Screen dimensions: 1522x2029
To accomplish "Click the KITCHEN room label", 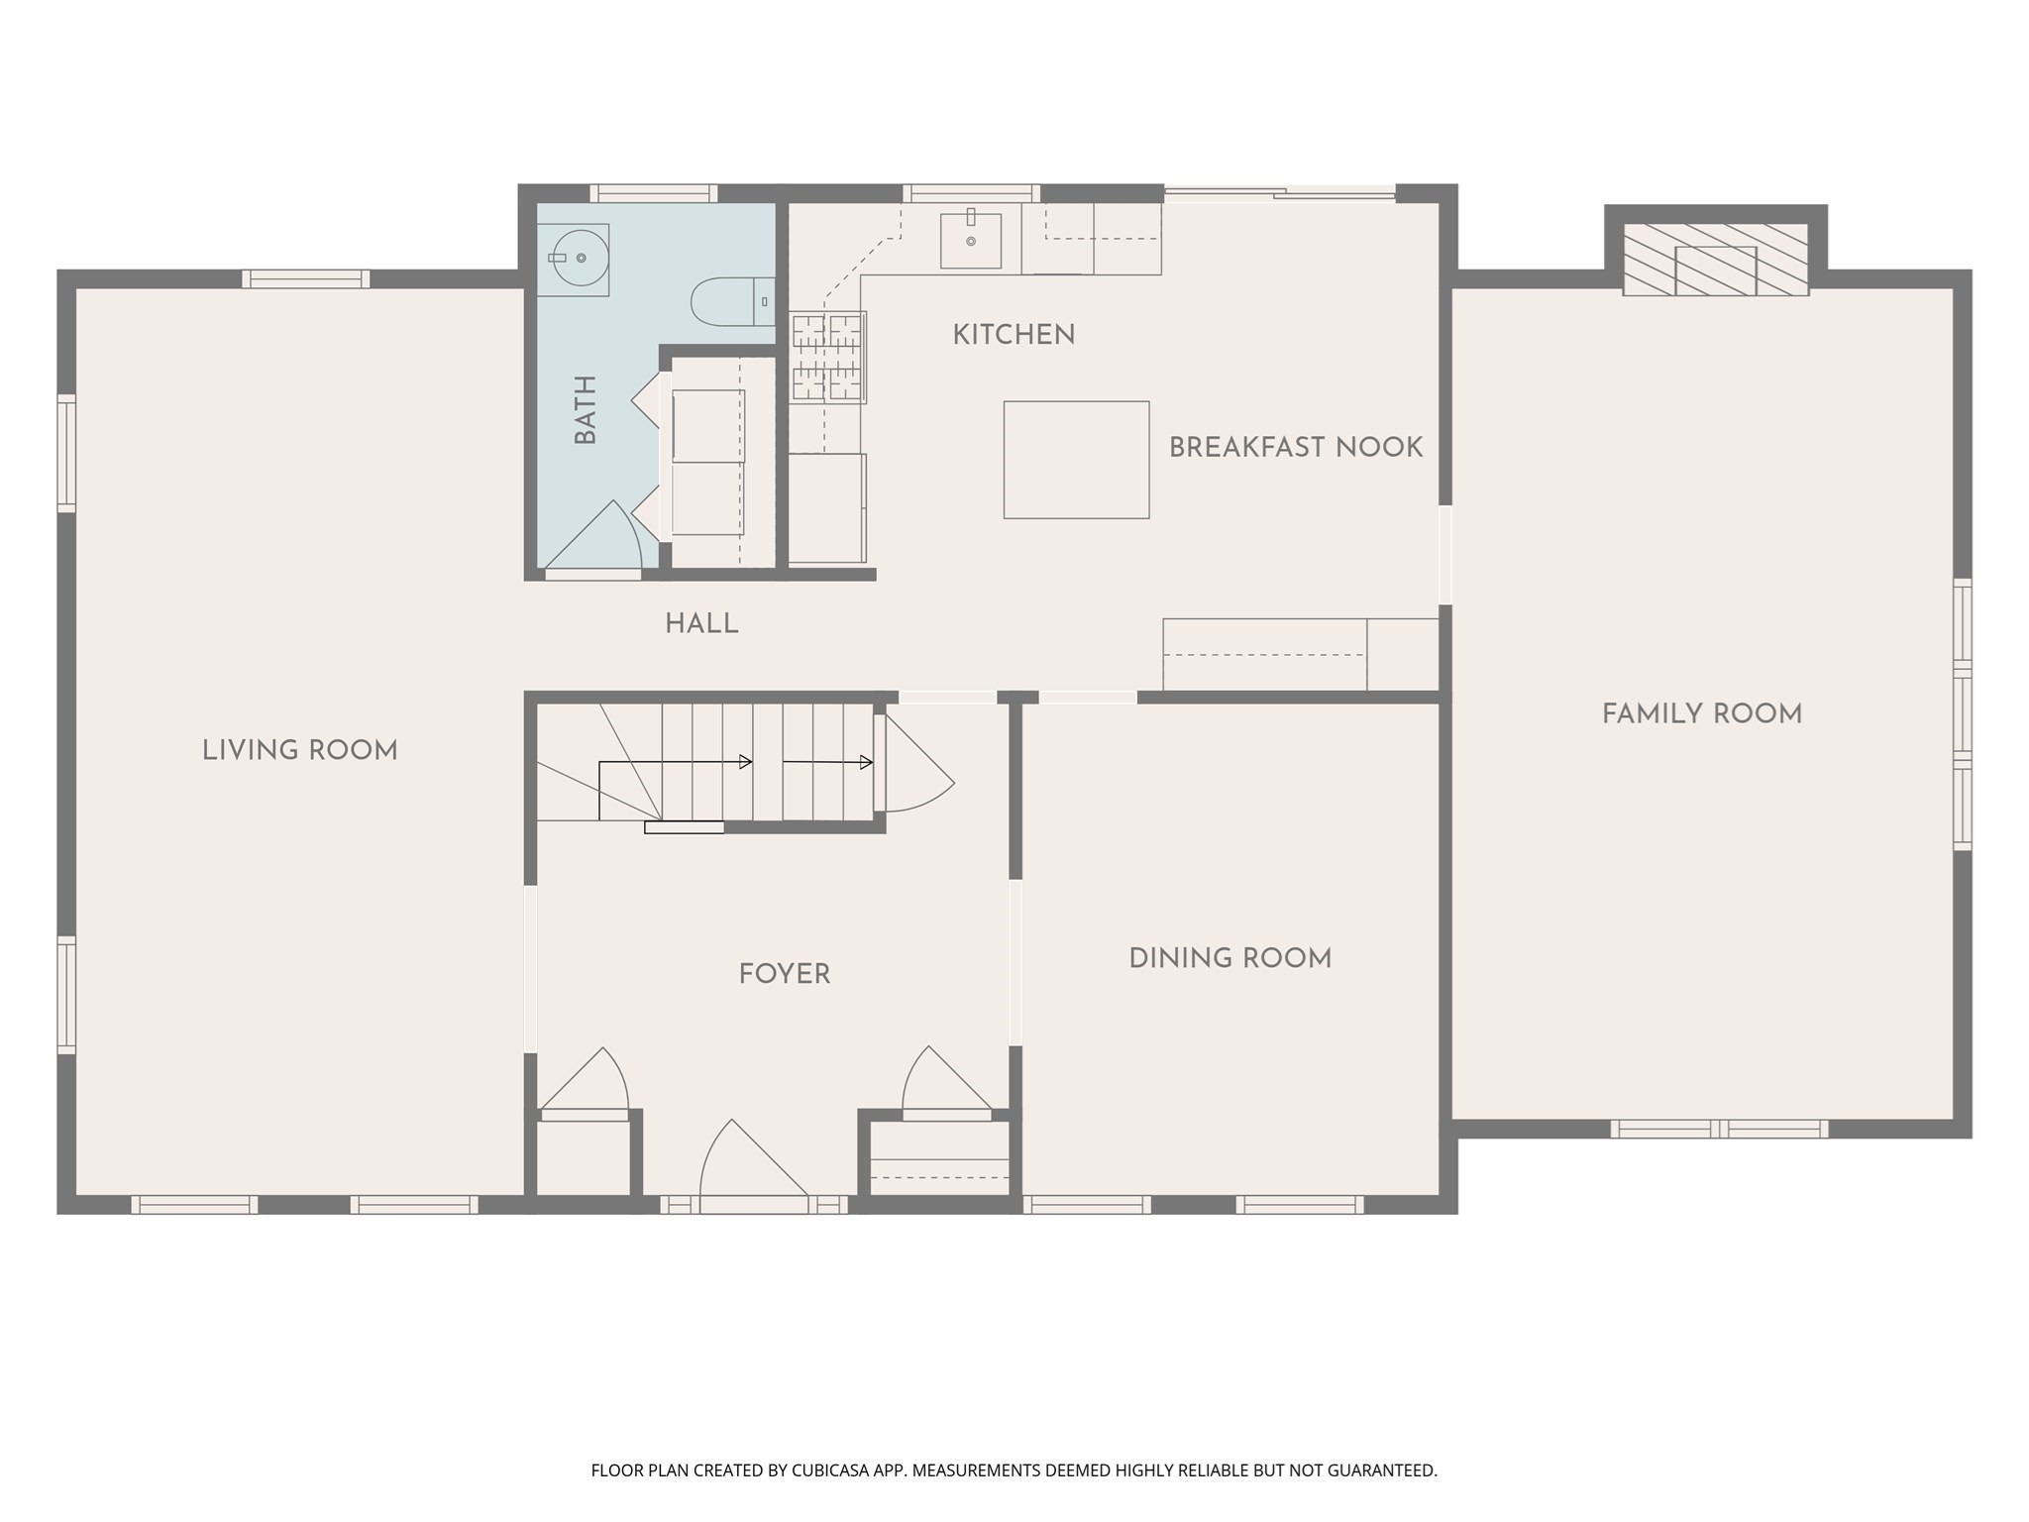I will click(1014, 335).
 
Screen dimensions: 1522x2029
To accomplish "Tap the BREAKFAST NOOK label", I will click(1295, 448).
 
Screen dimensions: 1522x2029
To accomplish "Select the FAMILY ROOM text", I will click(1701, 714).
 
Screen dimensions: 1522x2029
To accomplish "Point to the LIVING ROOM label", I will click(299, 751).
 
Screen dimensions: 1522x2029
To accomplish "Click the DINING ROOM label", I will click(1229, 958).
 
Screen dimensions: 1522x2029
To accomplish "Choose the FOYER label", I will click(784, 974).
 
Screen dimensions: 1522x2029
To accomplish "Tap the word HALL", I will click(701, 624).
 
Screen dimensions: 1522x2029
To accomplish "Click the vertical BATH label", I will click(586, 409).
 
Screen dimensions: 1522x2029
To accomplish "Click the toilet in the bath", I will click(728, 302).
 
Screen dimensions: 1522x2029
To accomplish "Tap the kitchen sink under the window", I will click(970, 241).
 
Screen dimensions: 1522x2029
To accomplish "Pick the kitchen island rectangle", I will click(1076, 460).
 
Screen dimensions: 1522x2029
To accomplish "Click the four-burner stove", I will click(827, 357).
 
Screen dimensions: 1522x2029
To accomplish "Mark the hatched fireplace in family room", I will click(1715, 260).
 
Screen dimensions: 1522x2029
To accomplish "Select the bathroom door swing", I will click(599, 540).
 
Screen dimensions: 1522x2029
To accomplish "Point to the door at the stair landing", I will click(913, 768).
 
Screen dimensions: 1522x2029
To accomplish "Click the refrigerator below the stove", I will click(826, 508).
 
